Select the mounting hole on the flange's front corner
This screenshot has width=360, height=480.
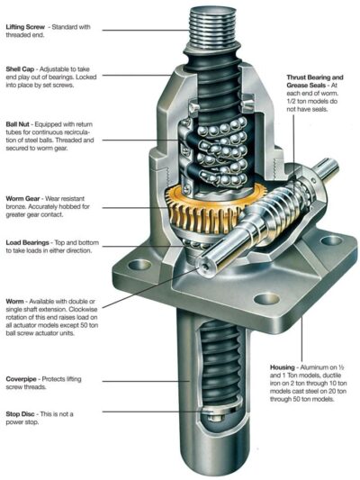pyautogui.click(x=265, y=299)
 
